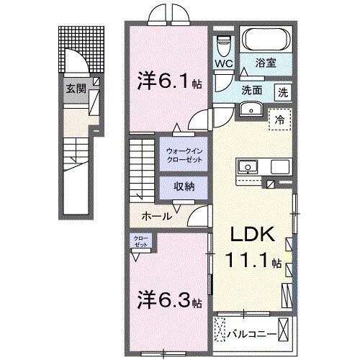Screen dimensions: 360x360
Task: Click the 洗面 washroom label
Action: pos(251,91)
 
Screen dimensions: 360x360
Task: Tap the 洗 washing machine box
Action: pos(283,91)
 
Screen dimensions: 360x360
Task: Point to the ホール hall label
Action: pos(156,216)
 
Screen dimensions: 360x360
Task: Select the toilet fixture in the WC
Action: pos(223,45)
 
